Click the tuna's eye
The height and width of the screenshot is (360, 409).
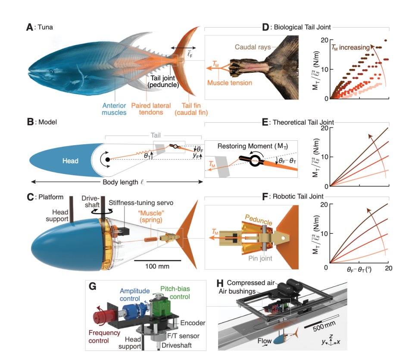pos(51,71)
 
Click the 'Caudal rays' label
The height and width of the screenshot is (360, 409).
pos(252,46)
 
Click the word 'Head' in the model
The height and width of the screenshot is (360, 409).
pos(70,161)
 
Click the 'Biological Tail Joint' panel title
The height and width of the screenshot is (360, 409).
pos(303,28)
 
